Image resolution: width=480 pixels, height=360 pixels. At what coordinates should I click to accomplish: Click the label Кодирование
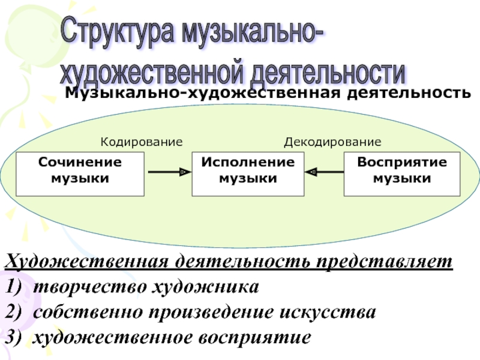142,142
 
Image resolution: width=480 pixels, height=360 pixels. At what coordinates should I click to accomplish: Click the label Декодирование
332,142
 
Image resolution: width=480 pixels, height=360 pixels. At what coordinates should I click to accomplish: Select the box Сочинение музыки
80,174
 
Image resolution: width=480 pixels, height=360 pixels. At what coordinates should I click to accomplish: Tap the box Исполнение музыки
248,174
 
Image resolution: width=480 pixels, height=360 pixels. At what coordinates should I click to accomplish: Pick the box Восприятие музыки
402,174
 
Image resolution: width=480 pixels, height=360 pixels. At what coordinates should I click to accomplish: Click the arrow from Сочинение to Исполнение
170,172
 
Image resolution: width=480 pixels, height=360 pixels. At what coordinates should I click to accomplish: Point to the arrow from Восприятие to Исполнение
325,172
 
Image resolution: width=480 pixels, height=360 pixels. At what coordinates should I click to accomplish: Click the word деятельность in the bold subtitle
409,93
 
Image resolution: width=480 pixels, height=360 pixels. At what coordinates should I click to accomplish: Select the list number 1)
13,287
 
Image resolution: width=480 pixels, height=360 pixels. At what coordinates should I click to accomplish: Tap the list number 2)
13,312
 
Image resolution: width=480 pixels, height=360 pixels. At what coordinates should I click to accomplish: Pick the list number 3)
13,338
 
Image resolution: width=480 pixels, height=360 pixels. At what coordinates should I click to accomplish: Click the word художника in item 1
205,287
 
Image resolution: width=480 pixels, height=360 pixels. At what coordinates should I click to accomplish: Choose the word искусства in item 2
328,313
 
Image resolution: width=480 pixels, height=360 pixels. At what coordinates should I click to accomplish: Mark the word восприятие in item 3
254,338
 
